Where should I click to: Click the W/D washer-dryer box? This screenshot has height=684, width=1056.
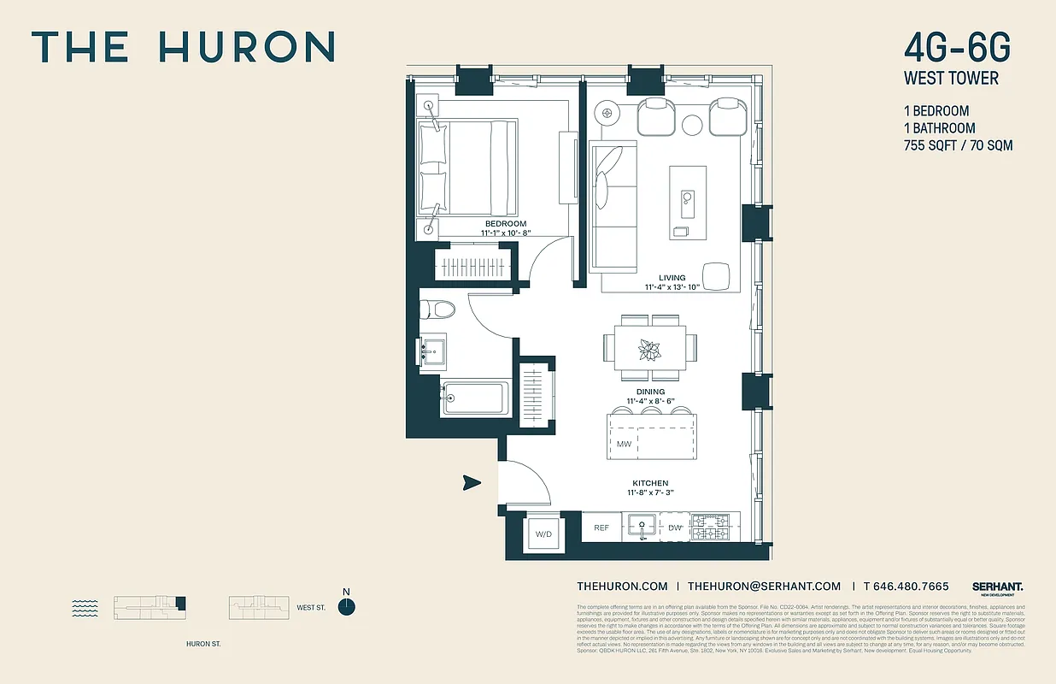point(544,534)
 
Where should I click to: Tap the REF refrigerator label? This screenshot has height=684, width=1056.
point(601,528)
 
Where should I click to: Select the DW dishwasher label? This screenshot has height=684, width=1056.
point(674,528)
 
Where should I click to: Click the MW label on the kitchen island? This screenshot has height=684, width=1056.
point(624,445)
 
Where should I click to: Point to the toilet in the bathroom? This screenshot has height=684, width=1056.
point(433,310)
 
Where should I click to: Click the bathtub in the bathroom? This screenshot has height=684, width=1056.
point(475,398)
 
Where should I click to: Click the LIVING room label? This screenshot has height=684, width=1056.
point(672,278)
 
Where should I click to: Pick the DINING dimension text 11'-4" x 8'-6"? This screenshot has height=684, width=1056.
point(651,401)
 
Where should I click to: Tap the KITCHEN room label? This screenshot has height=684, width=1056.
point(651,483)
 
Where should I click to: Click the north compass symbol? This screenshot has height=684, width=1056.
point(346,607)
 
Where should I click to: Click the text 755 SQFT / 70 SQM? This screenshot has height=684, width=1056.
point(958,145)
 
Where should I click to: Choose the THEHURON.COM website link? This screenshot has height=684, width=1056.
point(622,587)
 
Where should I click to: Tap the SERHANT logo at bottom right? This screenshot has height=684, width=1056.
point(997,587)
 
